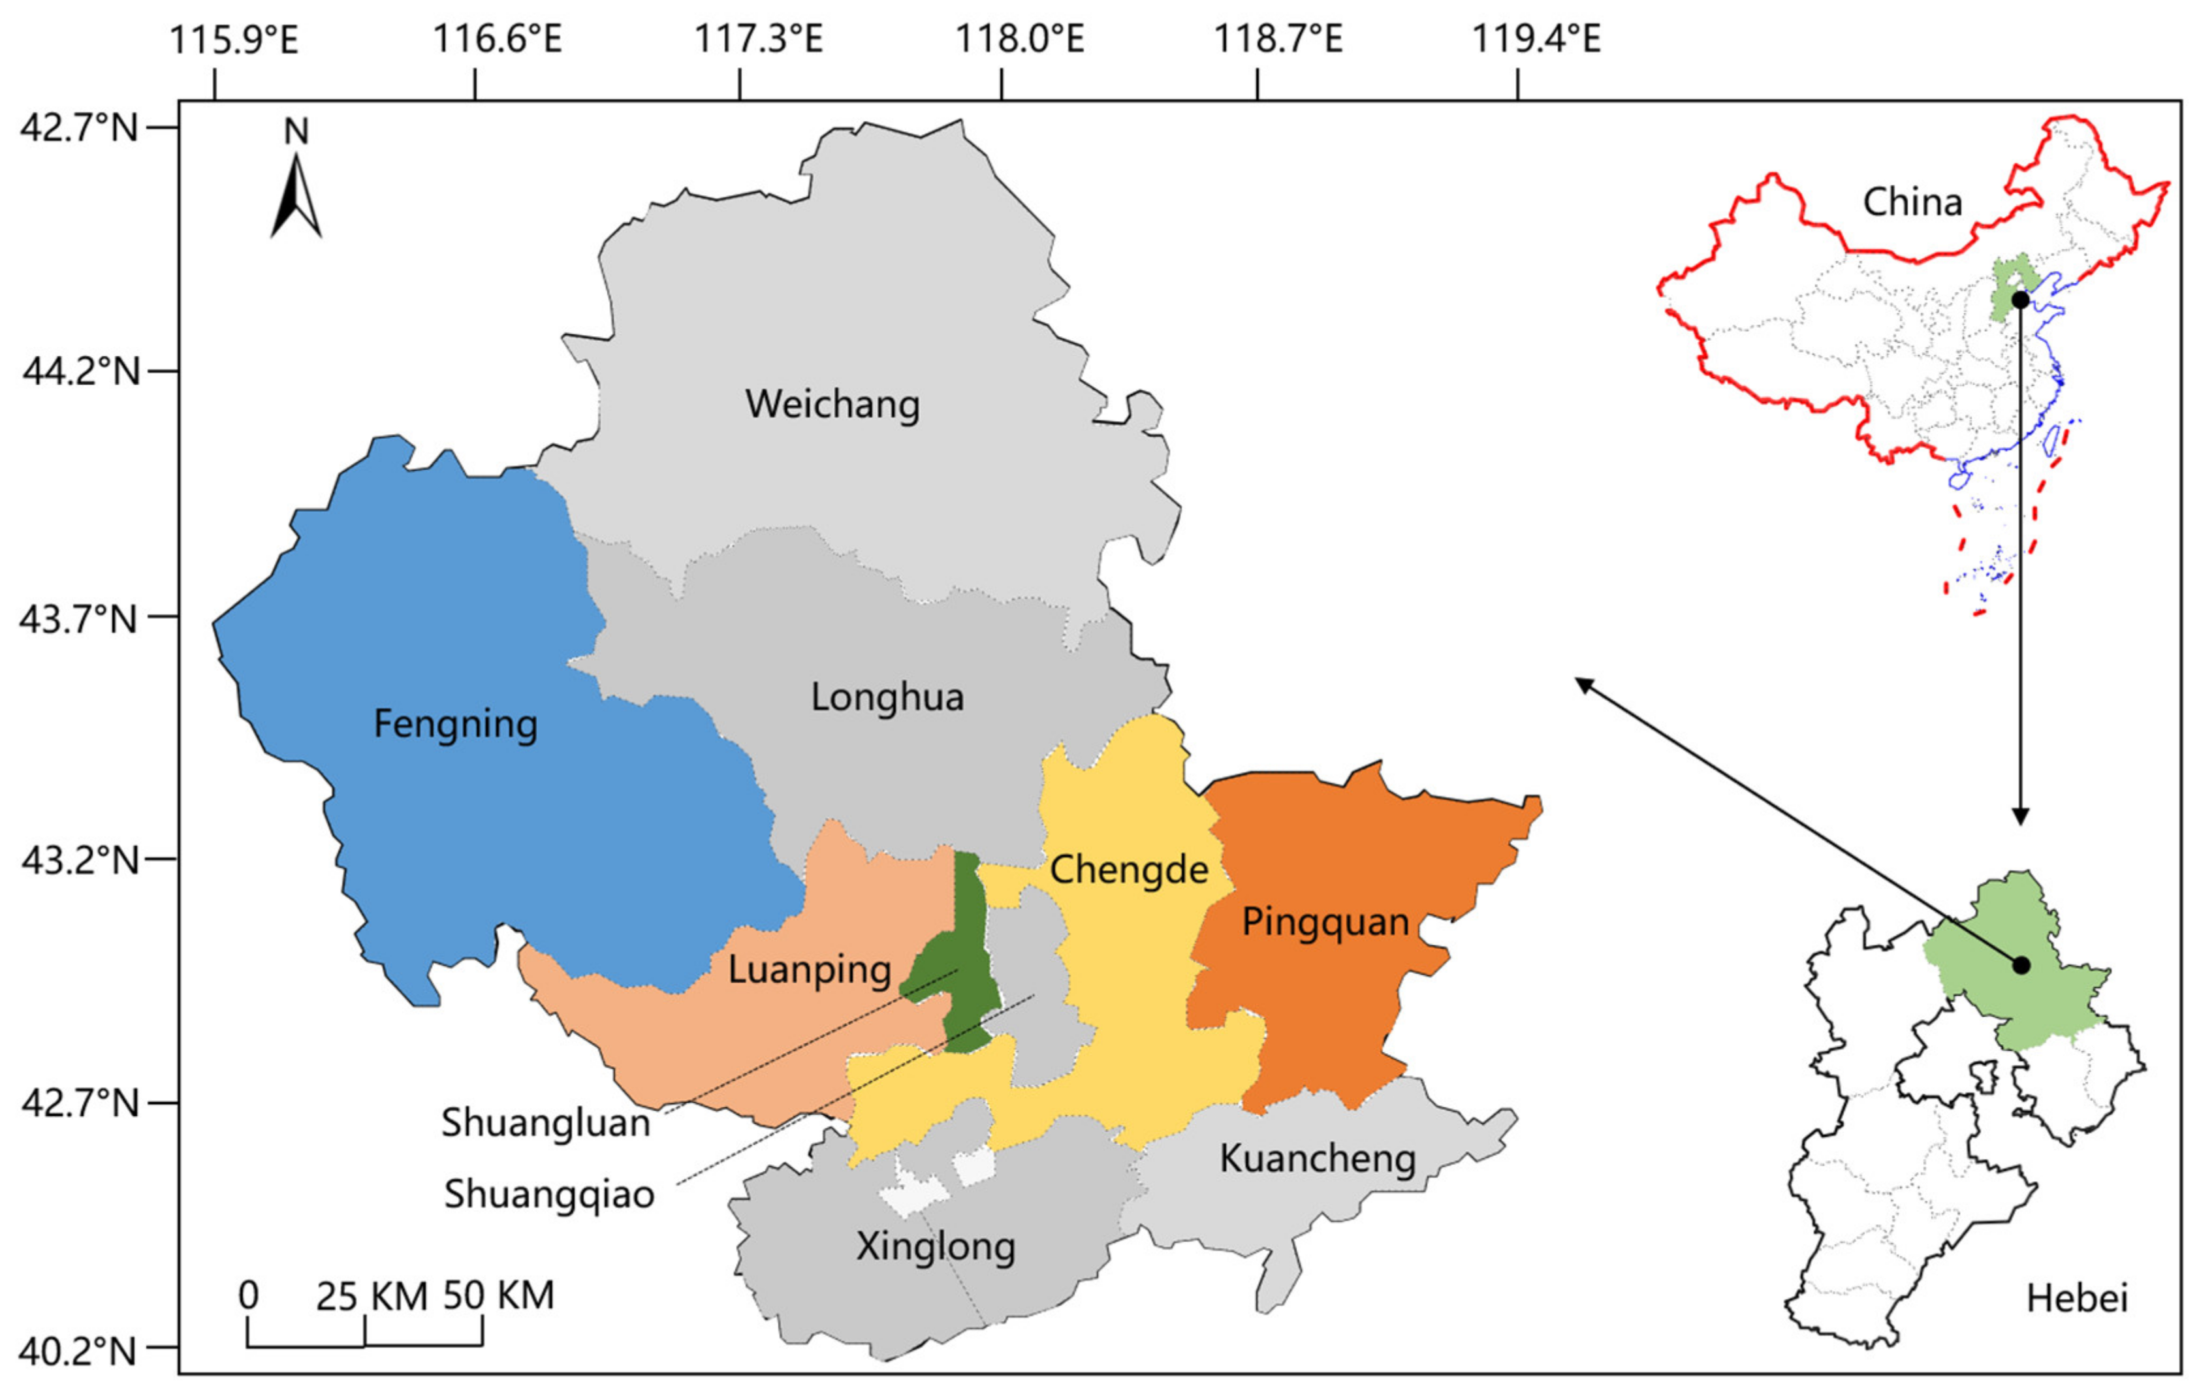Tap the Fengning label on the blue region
pyautogui.click(x=455, y=724)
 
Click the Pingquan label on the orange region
pyautogui.click(x=1325, y=923)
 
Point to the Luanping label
pyautogui.click(x=809, y=970)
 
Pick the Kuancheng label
pyautogui.click(x=1317, y=1159)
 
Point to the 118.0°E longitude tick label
pyautogui.click(x=1019, y=39)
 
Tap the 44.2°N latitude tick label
pyautogui.click(x=80, y=372)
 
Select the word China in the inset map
pyautogui.click(x=1912, y=202)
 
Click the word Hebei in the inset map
pyautogui.click(x=2077, y=1298)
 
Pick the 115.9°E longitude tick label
pyautogui.click(x=234, y=39)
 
